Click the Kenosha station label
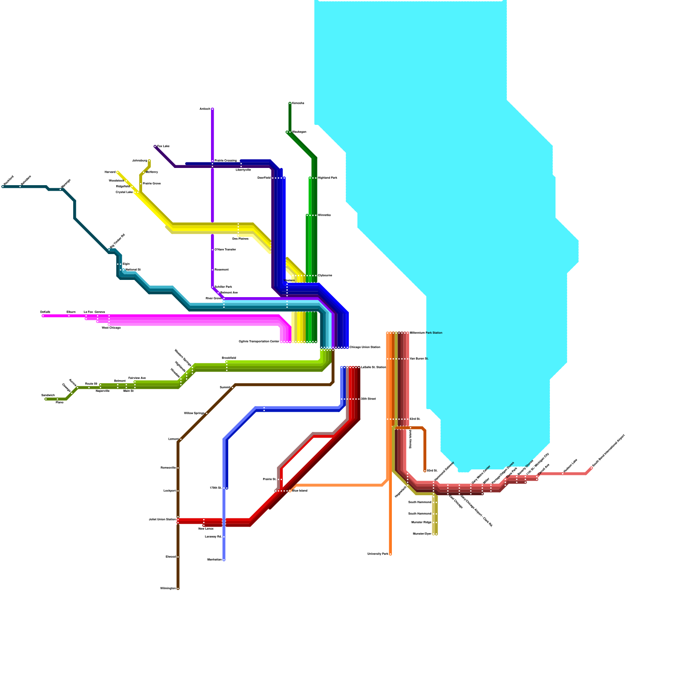(298, 103)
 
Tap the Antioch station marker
(212, 109)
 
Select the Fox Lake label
(163, 146)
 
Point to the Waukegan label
(299, 132)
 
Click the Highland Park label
(327, 178)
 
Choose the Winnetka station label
(324, 215)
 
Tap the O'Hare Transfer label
(225, 249)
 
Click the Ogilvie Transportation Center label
(259, 341)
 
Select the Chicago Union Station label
(365, 347)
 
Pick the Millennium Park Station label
(426, 333)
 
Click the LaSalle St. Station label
(373, 367)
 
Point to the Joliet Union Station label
(162, 519)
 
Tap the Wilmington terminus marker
(178, 588)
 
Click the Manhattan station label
(214, 560)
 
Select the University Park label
(378, 554)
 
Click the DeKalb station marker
(43, 316)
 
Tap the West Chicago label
(111, 328)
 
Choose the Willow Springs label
(194, 413)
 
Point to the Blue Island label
(300, 491)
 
